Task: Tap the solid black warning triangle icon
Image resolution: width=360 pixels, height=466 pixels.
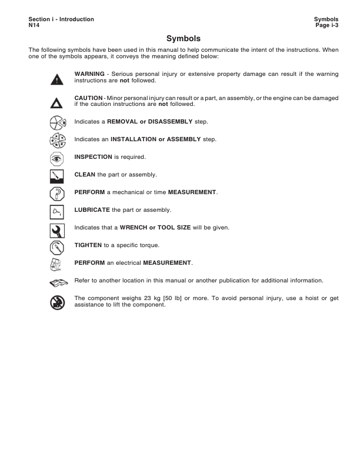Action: [56, 79]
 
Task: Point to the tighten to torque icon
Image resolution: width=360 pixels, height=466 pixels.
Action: [56, 246]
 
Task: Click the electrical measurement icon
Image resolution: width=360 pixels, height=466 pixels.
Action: [56, 263]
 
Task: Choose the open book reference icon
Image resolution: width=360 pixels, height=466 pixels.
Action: [56, 282]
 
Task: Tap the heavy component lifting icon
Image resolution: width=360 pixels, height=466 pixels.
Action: [56, 301]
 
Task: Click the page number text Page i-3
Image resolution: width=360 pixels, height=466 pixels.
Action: [326, 25]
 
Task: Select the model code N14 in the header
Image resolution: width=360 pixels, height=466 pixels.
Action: [34, 25]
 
